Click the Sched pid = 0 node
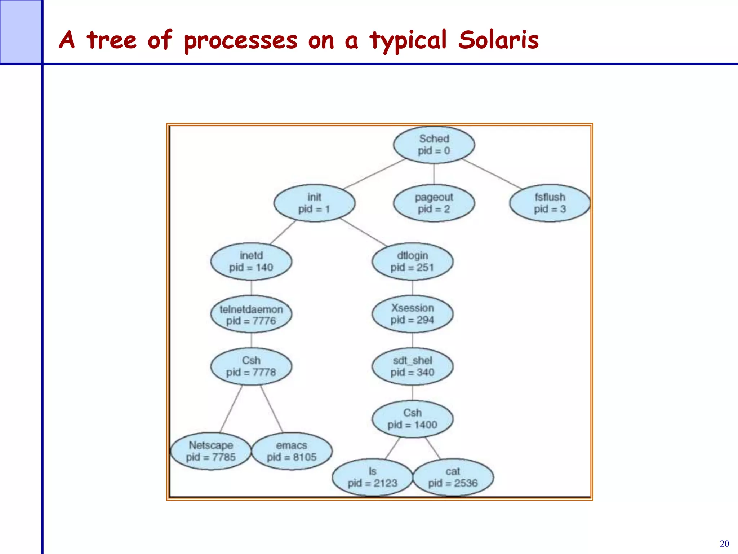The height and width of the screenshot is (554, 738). point(434,145)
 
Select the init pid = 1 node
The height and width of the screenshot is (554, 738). point(314,203)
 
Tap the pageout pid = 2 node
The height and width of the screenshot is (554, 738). point(434,203)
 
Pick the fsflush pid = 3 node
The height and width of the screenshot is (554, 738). point(550,203)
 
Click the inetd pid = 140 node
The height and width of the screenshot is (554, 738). point(251,261)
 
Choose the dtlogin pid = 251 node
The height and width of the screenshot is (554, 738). point(412,261)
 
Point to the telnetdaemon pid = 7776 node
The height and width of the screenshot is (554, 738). point(251,315)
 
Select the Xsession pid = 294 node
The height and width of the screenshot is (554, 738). point(412,314)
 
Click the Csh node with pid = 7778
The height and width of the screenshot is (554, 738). point(251,366)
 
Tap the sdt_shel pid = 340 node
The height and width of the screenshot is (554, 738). point(412,366)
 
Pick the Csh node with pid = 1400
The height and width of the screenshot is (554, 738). point(412,419)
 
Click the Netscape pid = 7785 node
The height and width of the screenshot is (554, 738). point(211,451)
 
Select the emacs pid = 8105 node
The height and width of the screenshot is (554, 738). point(292,451)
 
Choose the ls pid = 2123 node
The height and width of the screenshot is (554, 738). point(372,477)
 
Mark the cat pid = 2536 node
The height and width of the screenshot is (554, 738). point(453,477)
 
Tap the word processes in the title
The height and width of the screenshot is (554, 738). point(241,41)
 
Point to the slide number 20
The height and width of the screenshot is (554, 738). point(724,544)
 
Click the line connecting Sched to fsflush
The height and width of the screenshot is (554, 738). point(492,174)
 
